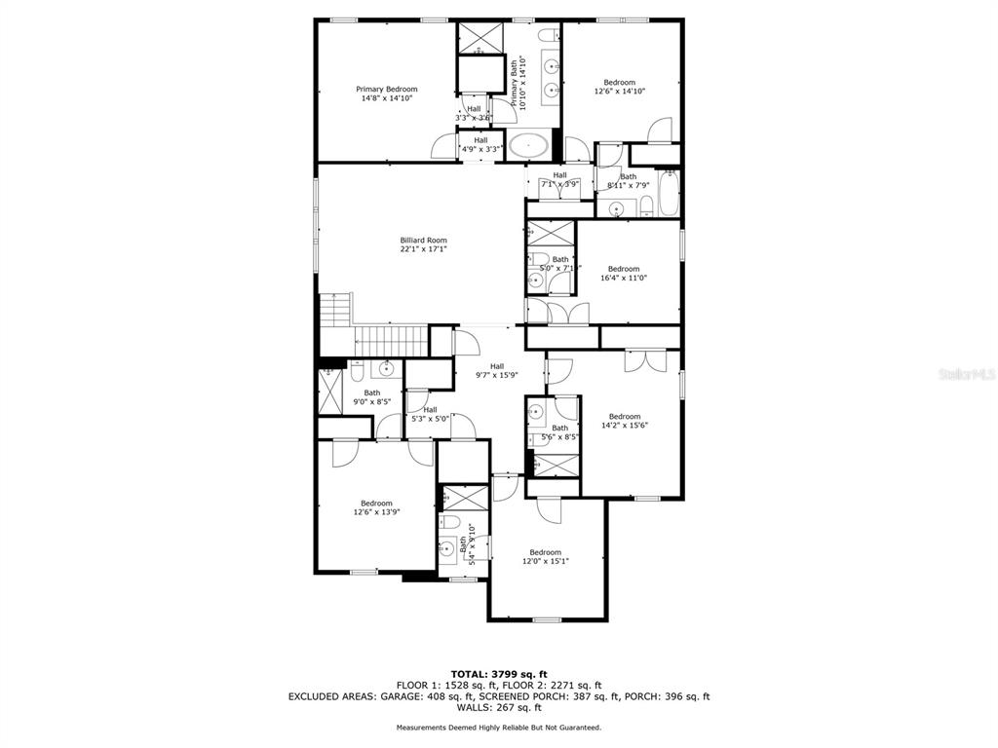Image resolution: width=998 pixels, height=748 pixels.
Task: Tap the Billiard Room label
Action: tap(423, 241)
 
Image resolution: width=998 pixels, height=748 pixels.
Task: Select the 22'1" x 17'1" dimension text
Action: tap(423, 249)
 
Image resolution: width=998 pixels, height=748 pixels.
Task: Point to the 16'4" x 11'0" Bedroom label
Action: tap(623, 269)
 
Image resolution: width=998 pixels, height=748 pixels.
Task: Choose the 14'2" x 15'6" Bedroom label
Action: tap(625, 416)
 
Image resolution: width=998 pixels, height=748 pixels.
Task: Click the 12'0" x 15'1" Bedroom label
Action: tap(545, 552)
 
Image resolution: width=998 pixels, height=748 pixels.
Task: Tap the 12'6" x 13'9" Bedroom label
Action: tap(376, 504)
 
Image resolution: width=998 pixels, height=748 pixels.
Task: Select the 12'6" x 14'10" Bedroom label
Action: tap(619, 83)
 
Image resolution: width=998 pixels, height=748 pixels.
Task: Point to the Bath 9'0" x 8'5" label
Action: tap(372, 393)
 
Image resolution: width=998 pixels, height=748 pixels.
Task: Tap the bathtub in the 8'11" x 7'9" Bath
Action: tap(669, 194)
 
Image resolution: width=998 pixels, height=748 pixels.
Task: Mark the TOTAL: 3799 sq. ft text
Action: tap(498, 674)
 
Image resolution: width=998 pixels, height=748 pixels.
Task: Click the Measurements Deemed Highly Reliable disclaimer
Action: tap(498, 728)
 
